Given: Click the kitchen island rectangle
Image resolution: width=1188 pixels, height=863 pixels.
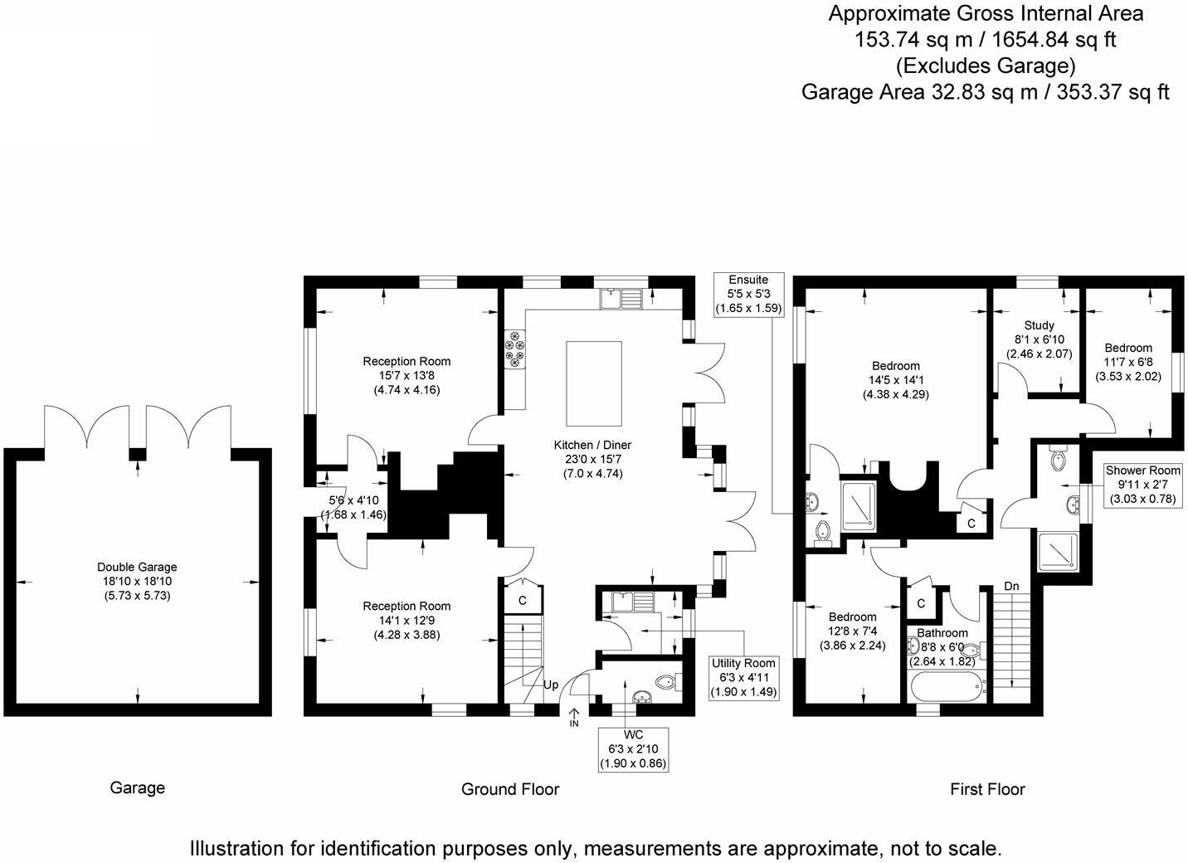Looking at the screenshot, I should tap(594, 383).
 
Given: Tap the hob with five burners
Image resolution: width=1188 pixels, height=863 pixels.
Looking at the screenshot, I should tap(514, 347).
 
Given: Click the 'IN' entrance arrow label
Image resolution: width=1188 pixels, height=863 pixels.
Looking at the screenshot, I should tap(574, 719).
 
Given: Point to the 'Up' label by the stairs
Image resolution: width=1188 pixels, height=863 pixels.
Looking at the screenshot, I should tap(551, 685).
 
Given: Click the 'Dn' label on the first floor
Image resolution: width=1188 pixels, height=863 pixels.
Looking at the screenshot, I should tap(1011, 586).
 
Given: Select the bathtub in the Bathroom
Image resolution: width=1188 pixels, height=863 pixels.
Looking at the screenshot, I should tap(946, 686).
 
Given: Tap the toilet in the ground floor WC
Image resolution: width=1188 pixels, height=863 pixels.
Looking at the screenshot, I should tap(666, 682).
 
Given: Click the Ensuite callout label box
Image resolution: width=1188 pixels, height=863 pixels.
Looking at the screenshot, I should tap(748, 294).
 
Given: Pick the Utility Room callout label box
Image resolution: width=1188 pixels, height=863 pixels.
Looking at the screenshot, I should tap(743, 677).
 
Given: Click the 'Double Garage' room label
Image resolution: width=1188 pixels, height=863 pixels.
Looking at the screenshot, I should tap(137, 581).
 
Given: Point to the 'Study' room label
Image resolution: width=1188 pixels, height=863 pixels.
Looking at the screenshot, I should tap(1039, 325).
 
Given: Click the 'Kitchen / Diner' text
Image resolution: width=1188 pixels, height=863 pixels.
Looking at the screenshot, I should tap(592, 446).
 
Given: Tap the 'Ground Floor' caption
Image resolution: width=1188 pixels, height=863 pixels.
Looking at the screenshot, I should tap(510, 789).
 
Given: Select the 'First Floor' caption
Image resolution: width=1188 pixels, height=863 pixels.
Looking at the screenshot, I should tap(987, 789).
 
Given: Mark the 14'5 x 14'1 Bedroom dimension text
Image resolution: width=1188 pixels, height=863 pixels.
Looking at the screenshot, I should tap(896, 380).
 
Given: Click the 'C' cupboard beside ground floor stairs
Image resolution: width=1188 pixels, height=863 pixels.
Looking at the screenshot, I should tap(523, 600).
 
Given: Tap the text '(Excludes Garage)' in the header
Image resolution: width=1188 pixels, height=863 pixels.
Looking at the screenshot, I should tap(986, 65).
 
